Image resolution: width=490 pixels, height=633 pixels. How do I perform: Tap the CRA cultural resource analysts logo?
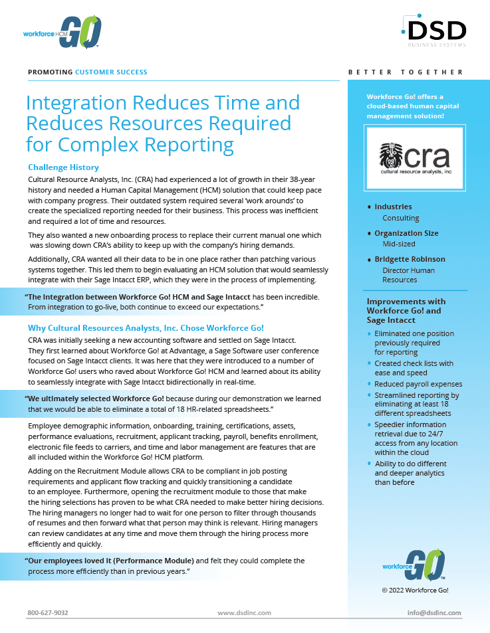415,159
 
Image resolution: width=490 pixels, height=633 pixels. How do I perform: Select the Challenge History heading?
63,167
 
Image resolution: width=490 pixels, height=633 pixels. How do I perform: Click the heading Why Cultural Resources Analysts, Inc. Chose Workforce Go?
146,328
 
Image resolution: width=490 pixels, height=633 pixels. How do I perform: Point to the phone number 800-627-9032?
48,612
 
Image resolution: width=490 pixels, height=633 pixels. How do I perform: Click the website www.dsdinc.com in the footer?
244,612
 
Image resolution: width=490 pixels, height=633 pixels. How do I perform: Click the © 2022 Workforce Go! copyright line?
414,590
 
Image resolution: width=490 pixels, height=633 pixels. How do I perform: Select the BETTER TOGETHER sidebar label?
406,72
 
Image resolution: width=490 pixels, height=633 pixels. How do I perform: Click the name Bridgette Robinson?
410,259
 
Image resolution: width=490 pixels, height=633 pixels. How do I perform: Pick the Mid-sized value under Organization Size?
399,244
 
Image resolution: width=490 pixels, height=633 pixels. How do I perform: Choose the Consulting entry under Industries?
401,218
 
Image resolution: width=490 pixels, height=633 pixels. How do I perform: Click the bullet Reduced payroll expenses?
418,384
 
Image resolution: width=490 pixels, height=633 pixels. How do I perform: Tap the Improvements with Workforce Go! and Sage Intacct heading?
406,310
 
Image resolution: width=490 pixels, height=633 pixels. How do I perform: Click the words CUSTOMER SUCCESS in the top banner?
111,72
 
